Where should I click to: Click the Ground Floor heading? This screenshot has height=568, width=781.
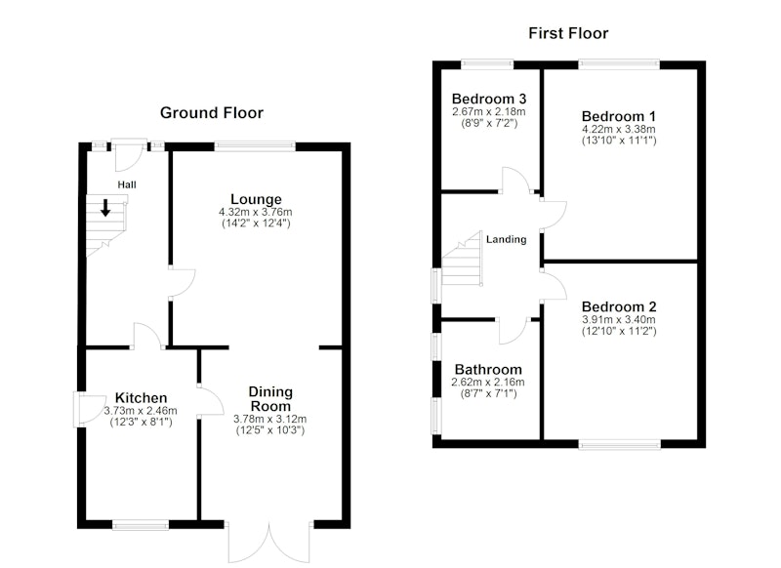(x=211, y=113)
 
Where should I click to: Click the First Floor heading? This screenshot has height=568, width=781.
(x=568, y=33)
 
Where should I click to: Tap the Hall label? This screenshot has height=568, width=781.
(x=127, y=184)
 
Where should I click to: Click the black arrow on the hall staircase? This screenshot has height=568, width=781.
(x=105, y=208)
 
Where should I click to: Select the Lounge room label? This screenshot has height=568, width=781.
(x=256, y=199)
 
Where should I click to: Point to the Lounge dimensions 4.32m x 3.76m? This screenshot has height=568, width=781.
(x=256, y=212)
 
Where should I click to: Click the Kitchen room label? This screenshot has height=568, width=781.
(x=141, y=398)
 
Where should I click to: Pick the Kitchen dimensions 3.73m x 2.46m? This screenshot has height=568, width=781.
(x=141, y=411)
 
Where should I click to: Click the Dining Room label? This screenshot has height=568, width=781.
(x=270, y=399)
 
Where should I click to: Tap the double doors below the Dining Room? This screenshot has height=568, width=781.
(x=269, y=543)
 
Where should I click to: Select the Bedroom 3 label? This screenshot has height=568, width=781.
(x=489, y=99)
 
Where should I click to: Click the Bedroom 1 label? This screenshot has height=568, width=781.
(x=619, y=116)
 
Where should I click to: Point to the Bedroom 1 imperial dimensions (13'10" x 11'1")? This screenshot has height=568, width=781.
(x=619, y=141)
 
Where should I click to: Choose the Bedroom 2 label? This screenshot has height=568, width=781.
(x=619, y=306)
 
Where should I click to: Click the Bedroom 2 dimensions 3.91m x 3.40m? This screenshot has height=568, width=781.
(x=619, y=319)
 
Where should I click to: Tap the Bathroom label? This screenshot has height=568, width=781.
(x=488, y=369)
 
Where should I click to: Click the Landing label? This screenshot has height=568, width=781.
(x=506, y=239)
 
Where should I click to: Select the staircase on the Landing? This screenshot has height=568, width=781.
(x=463, y=259)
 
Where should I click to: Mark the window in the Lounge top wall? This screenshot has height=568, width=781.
(x=255, y=146)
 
